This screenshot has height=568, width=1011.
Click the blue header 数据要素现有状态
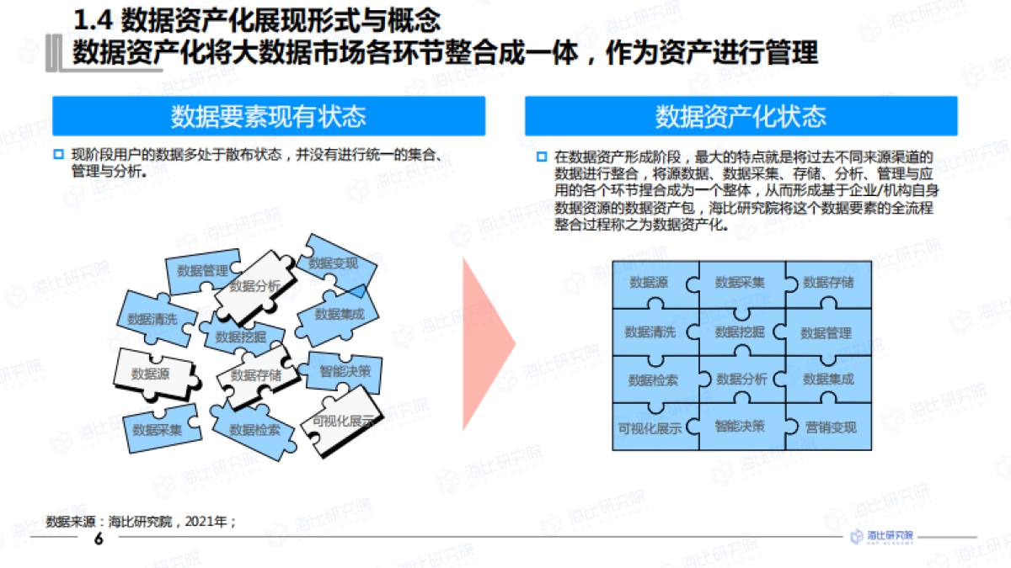tap(269, 116)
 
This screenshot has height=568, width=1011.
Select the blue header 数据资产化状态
tap(741, 116)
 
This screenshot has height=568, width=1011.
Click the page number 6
tap(99, 539)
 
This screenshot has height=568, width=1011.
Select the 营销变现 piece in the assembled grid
tap(830, 427)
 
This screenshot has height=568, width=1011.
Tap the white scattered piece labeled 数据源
tap(151, 373)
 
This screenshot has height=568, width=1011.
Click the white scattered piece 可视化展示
tap(342, 422)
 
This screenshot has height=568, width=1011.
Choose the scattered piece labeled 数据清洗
tap(152, 320)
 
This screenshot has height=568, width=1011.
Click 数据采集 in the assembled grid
tap(740, 283)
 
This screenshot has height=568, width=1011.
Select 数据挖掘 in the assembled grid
tap(740, 332)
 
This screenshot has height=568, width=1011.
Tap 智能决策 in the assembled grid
tap(740, 426)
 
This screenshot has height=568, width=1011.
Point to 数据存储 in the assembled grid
tap(828, 283)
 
